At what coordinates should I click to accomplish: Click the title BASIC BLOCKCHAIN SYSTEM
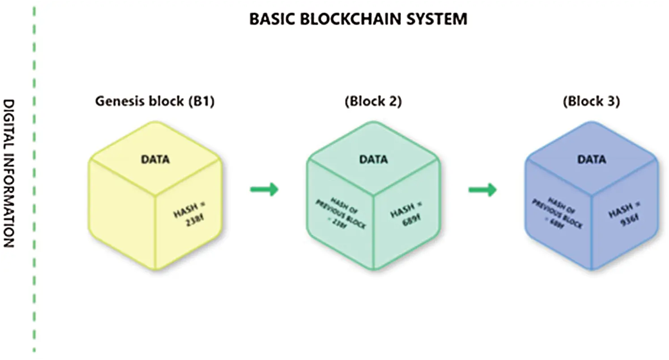click(x=358, y=19)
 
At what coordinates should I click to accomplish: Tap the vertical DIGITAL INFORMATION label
click(x=9, y=173)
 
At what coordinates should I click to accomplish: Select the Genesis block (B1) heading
click(x=155, y=102)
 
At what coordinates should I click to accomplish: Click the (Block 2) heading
click(x=373, y=102)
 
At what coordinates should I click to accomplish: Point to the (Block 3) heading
click(x=591, y=102)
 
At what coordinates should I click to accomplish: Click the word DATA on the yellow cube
click(x=155, y=159)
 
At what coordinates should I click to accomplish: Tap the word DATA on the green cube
click(x=373, y=159)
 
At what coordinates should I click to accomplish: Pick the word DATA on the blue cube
click(x=591, y=159)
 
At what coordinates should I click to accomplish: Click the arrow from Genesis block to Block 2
click(x=264, y=190)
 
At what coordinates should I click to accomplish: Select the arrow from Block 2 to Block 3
click(x=482, y=190)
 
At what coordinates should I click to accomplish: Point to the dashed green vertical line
click(x=34, y=179)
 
